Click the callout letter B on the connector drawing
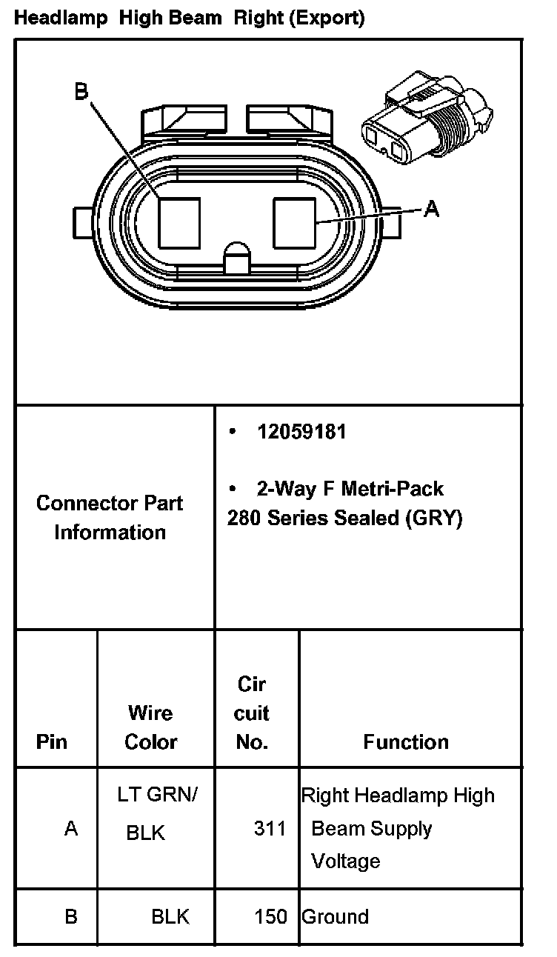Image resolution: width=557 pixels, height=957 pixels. pos(81,92)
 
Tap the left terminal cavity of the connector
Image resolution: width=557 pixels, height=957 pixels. pos(181,222)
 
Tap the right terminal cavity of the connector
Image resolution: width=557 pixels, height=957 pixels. pos(295,222)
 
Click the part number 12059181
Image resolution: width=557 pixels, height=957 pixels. pos(301,432)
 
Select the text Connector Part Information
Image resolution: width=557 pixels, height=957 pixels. pos(110,518)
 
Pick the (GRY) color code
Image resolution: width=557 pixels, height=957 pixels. pos(434,518)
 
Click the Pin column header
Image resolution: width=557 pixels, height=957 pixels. pos(51,741)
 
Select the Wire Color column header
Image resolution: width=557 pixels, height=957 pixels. pos(150,727)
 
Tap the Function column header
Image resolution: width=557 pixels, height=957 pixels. pos(406,741)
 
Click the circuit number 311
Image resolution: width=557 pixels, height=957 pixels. pos(270,828)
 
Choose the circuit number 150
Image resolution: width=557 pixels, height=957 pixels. pos(270,917)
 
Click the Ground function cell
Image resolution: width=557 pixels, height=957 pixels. pos(335,917)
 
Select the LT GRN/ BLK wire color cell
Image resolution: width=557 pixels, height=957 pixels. pos(155,813)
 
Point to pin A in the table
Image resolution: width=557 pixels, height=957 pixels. pos(71,828)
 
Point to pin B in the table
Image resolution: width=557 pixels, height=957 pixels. pos(71,917)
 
